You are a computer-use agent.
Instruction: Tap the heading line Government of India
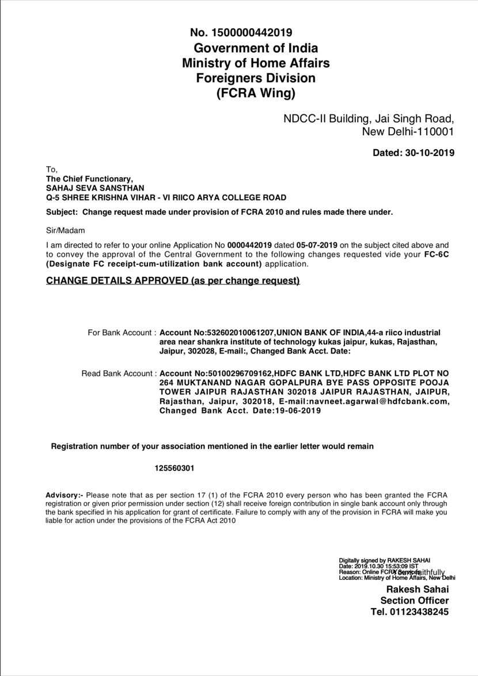click(256, 48)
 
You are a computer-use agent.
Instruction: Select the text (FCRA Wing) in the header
click(256, 93)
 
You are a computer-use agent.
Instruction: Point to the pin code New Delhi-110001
click(408, 132)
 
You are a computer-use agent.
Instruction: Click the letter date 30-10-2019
click(430, 153)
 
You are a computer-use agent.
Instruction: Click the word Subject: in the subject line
click(62, 212)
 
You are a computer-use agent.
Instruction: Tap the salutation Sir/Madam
click(65, 230)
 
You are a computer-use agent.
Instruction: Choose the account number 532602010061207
click(241, 333)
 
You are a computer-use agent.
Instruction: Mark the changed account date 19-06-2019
click(298, 411)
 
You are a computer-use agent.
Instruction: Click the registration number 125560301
click(174, 468)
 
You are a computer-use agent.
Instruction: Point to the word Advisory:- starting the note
click(65, 495)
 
